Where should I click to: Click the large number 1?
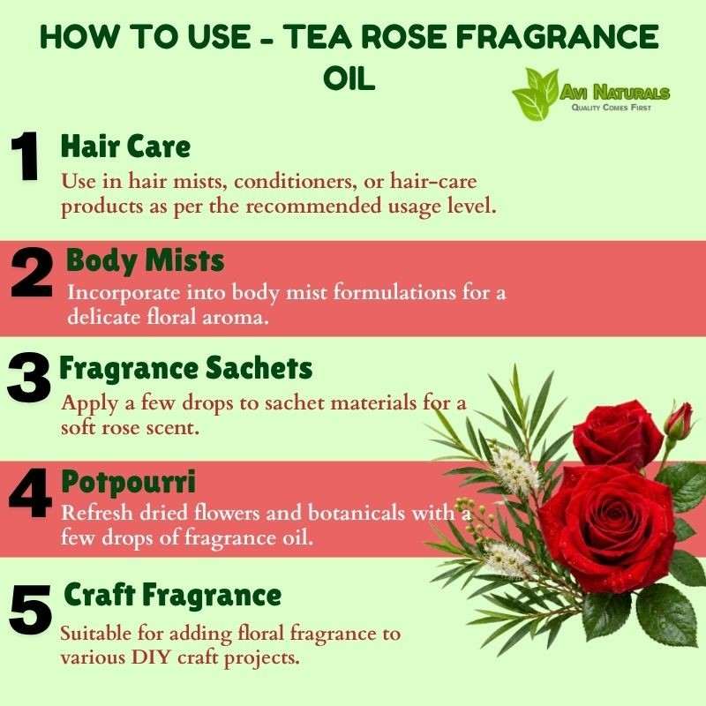(26, 156)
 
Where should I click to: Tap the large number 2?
(32, 274)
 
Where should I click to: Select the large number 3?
(29, 379)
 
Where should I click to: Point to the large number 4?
(31, 492)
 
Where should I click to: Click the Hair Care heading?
(125, 146)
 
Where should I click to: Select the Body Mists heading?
(145, 260)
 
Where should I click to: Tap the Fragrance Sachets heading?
(186, 368)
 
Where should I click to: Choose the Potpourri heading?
(129, 483)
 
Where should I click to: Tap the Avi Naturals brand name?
(615, 93)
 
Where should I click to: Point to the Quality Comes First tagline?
(611, 108)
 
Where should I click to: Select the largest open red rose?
(608, 528)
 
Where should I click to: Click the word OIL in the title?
(349, 79)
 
